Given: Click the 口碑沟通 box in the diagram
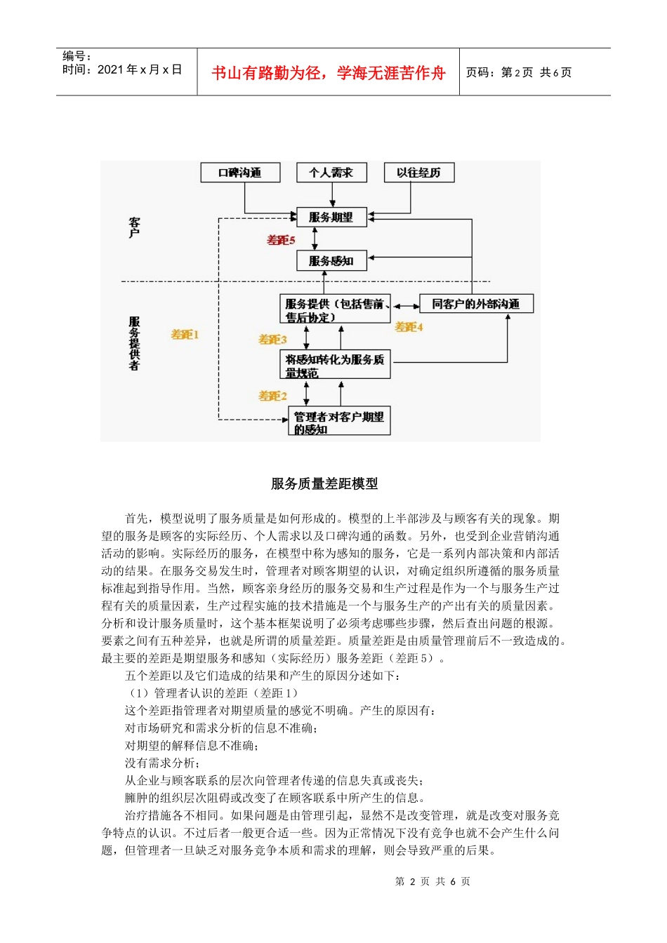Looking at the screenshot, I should (240, 173).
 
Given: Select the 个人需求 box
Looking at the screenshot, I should (331, 173).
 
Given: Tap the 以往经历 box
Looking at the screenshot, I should (419, 173).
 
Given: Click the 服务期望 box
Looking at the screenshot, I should (331, 218).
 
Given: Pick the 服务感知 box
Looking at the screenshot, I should (331, 261).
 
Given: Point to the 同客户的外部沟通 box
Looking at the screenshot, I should (476, 304).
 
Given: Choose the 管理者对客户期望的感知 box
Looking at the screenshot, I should (338, 422).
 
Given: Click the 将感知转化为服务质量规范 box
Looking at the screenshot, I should (334, 365).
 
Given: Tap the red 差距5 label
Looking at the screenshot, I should (281, 240).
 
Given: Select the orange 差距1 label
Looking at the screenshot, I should (185, 335).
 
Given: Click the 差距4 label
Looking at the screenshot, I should (409, 327).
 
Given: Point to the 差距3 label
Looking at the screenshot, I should (272, 340).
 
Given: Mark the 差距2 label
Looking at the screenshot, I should (272, 396).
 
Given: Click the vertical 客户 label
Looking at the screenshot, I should (134, 227).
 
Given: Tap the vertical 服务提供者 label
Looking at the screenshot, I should (134, 343).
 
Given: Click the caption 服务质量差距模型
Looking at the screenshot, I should (324, 483).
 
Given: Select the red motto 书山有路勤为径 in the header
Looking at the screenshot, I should (328, 73).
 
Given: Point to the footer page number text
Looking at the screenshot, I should (432, 881).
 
